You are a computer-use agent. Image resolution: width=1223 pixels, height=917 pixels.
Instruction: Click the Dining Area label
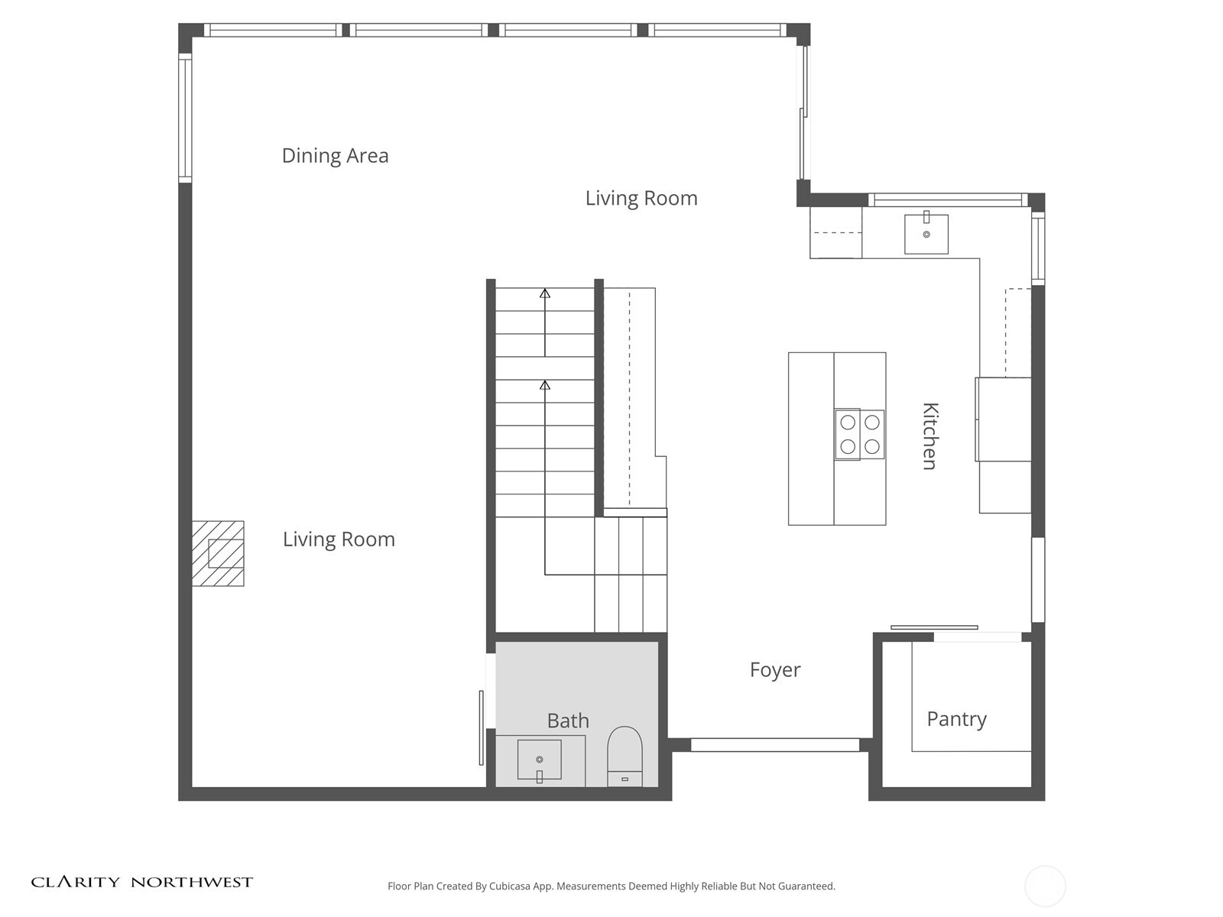(x=335, y=155)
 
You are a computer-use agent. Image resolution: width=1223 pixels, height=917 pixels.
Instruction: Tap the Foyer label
(x=774, y=670)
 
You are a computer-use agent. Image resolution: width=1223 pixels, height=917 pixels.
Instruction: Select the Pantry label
(x=957, y=719)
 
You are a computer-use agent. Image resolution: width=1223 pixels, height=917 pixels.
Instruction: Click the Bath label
(x=568, y=721)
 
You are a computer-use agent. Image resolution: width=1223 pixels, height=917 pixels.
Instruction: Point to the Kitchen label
(x=930, y=436)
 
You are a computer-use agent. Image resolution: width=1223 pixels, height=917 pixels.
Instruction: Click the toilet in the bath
(x=624, y=757)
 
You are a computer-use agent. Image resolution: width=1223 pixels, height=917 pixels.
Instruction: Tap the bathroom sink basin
(x=539, y=760)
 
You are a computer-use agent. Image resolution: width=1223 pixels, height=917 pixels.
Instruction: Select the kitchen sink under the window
(x=926, y=235)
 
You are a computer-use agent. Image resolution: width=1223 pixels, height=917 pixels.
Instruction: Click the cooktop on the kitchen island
(x=859, y=434)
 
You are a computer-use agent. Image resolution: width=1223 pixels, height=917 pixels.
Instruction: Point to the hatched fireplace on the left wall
(x=218, y=552)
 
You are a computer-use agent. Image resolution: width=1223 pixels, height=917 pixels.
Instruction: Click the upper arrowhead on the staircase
(x=545, y=293)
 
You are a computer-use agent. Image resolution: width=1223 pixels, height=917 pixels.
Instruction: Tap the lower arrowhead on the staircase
(x=545, y=384)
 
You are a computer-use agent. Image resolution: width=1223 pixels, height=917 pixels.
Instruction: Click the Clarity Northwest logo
(x=141, y=882)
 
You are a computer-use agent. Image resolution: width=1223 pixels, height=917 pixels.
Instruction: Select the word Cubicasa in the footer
(x=510, y=886)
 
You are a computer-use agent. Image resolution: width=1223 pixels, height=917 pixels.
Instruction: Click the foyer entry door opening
(x=775, y=744)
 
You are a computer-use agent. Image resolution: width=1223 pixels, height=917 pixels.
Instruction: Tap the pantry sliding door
(x=934, y=627)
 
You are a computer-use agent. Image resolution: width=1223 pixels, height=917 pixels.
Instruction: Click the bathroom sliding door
(x=482, y=727)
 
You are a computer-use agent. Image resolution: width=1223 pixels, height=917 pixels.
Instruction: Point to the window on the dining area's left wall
(x=185, y=118)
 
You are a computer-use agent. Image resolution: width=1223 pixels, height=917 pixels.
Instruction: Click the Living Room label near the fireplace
(x=339, y=539)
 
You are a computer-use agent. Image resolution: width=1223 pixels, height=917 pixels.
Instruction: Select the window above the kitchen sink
(x=947, y=199)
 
